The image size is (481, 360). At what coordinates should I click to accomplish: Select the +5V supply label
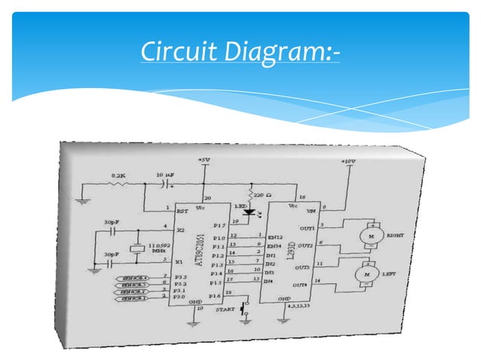pos(204,160)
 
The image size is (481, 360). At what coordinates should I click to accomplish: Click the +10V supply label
pos(348,161)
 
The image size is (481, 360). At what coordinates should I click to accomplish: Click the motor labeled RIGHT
pos(369,236)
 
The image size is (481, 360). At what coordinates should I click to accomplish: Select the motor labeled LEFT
pos(369,275)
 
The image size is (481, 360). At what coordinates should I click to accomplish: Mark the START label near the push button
pos(224,310)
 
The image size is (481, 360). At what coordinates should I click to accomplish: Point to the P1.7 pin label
pos(220,224)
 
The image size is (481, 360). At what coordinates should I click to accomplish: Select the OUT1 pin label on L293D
pos(305,227)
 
